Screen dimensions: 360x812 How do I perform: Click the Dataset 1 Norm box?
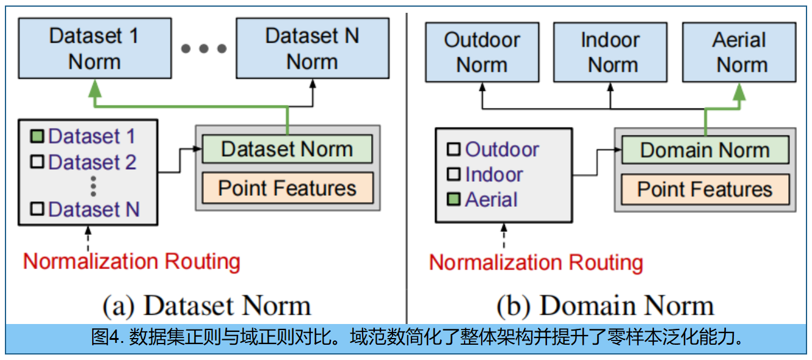tap(94, 48)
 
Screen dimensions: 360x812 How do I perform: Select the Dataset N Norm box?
tap(312, 48)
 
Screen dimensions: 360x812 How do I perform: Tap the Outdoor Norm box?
tap(482, 52)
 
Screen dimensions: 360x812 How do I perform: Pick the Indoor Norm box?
tap(610, 52)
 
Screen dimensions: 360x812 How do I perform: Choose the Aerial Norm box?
tap(739, 52)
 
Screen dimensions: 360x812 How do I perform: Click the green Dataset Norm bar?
tap(287, 149)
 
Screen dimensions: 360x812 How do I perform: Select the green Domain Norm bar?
tap(705, 150)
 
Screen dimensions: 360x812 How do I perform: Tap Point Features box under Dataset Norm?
tap(287, 188)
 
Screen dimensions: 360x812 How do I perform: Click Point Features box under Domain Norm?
tap(705, 189)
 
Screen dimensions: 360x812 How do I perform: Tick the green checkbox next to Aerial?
tap(454, 200)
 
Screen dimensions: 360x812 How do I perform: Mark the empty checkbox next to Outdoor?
tap(454, 149)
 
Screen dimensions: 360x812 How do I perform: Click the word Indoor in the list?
tap(493, 175)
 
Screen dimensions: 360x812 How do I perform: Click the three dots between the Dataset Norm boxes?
tap(204, 48)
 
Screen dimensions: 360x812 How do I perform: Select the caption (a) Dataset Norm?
tap(206, 305)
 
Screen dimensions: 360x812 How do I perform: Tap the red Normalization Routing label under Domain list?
tap(536, 263)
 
